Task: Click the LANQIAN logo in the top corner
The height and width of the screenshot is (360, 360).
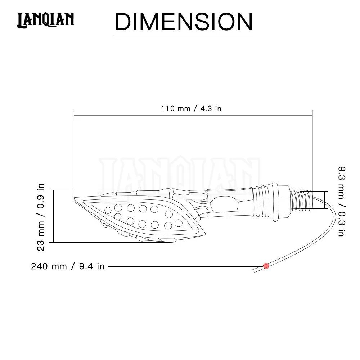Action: (45, 20)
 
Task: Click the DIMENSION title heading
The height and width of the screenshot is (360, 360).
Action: (184, 22)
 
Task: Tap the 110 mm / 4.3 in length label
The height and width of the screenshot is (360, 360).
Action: (191, 108)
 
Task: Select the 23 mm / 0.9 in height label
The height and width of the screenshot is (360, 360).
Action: (40, 217)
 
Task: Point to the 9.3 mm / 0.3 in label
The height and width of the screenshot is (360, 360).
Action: (342, 201)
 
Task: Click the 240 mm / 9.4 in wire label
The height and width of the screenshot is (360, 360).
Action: (68, 266)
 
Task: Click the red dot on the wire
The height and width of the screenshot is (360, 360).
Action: (266, 266)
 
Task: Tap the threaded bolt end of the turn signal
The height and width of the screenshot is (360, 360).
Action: (301, 200)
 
